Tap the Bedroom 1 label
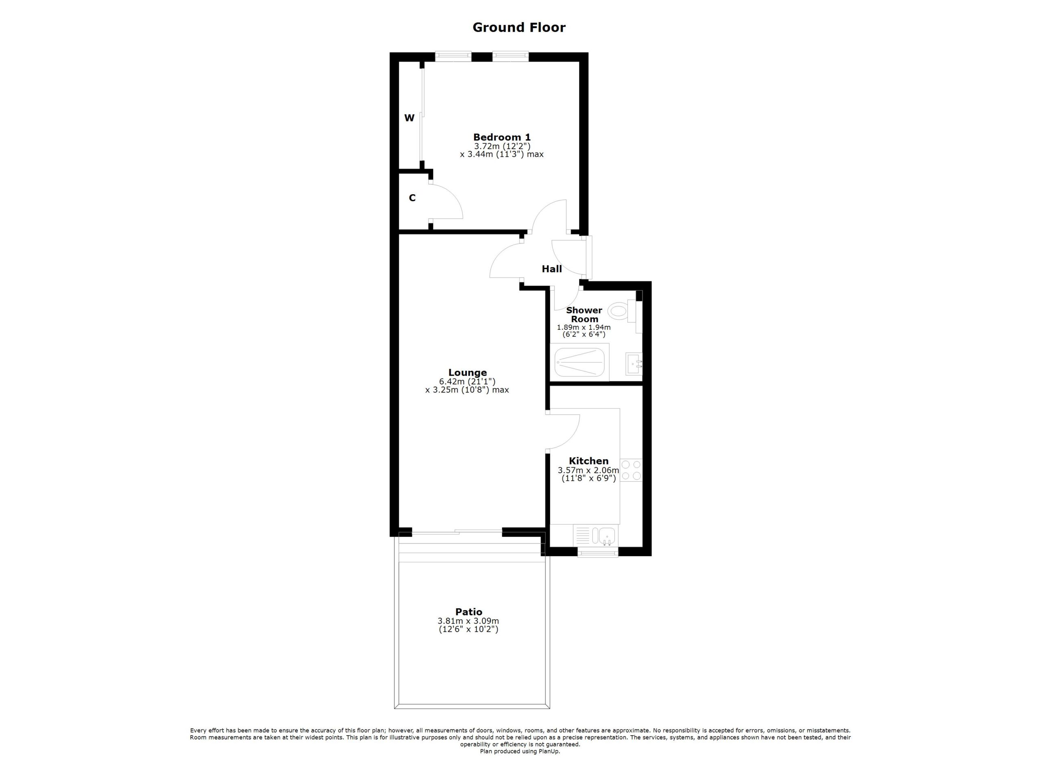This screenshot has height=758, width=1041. pyautogui.click(x=502, y=137)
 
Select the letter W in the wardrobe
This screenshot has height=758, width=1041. pyautogui.click(x=409, y=118)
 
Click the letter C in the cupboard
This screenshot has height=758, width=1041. pyautogui.click(x=412, y=198)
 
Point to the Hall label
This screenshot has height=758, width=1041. pyautogui.click(x=552, y=269)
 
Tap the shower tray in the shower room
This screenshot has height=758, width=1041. pyautogui.click(x=581, y=362)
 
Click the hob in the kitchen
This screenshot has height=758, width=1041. pyautogui.click(x=631, y=470)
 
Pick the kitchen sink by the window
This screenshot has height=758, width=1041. pyautogui.click(x=606, y=536)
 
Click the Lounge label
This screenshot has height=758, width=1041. pyautogui.click(x=467, y=372)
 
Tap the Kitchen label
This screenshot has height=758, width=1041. pyautogui.click(x=588, y=461)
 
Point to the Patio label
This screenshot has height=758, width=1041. pyautogui.click(x=468, y=612)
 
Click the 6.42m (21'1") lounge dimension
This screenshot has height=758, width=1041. pyautogui.click(x=467, y=381)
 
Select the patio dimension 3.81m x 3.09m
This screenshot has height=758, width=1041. pyautogui.click(x=468, y=621)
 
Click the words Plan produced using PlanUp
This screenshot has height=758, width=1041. pyautogui.click(x=520, y=751)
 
